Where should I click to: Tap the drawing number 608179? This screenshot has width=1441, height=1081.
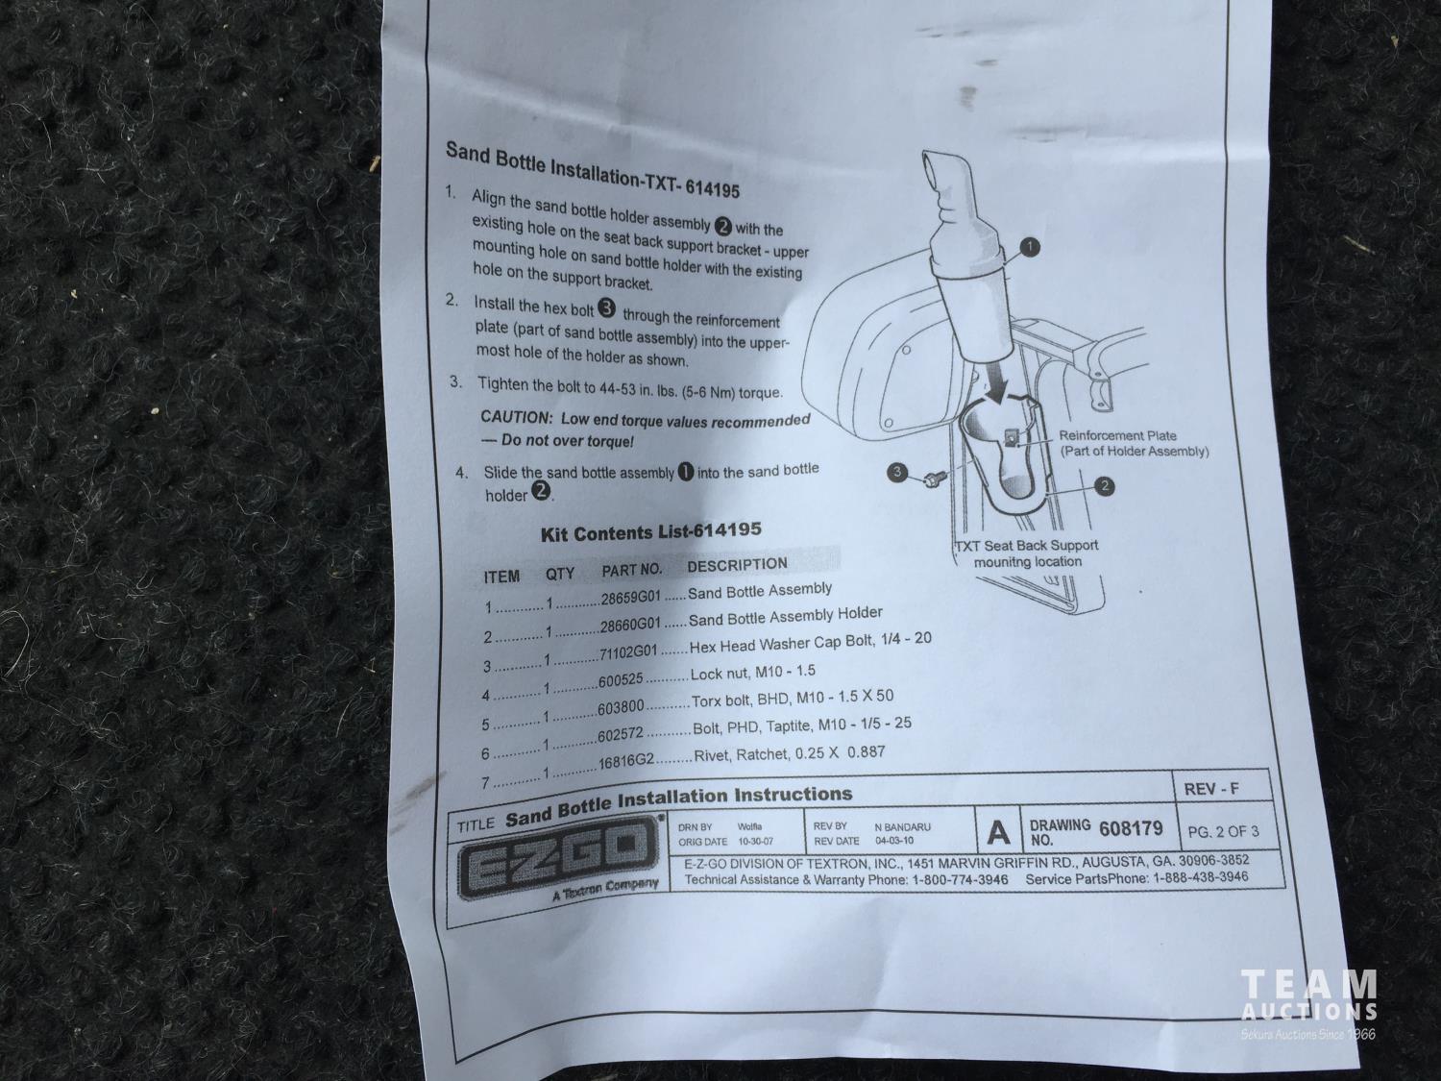click(1131, 829)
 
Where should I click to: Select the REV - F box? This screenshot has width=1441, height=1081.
click(1222, 787)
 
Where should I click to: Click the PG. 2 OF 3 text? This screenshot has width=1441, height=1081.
click(1223, 831)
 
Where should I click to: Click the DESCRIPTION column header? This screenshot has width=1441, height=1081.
click(737, 564)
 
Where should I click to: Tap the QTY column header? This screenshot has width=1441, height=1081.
click(559, 575)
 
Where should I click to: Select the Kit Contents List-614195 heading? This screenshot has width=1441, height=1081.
click(650, 531)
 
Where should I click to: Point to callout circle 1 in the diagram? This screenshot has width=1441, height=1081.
click(1030, 248)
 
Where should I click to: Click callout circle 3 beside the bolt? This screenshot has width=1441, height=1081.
click(897, 471)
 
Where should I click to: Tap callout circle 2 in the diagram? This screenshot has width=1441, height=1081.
click(1104, 486)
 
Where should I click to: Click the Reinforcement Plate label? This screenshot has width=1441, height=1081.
click(1117, 436)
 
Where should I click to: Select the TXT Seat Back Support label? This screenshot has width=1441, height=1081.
click(1026, 546)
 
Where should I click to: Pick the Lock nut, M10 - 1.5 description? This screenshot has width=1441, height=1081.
click(752, 673)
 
